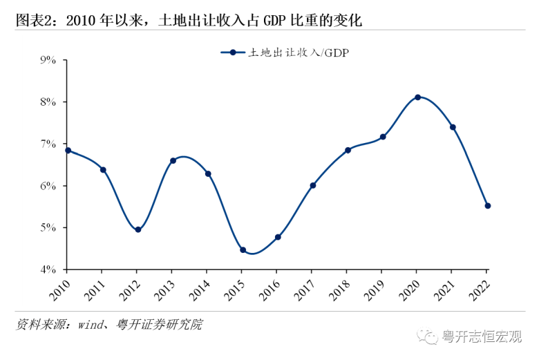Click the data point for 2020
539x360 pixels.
click(418, 97)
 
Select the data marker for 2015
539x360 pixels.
click(243, 250)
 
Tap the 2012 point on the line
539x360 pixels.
click(138, 229)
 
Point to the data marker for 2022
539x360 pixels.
click(488, 206)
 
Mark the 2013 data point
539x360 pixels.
click(173, 160)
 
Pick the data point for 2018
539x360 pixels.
click(348, 150)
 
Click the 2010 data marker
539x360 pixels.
click(68, 150)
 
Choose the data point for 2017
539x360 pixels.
click(313, 185)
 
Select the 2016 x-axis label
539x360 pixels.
click(271, 286)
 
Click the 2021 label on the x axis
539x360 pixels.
click(446, 286)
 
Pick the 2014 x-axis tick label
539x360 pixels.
click(201, 286)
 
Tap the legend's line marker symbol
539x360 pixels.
click(234, 52)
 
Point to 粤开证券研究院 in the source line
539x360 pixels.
click(164, 324)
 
